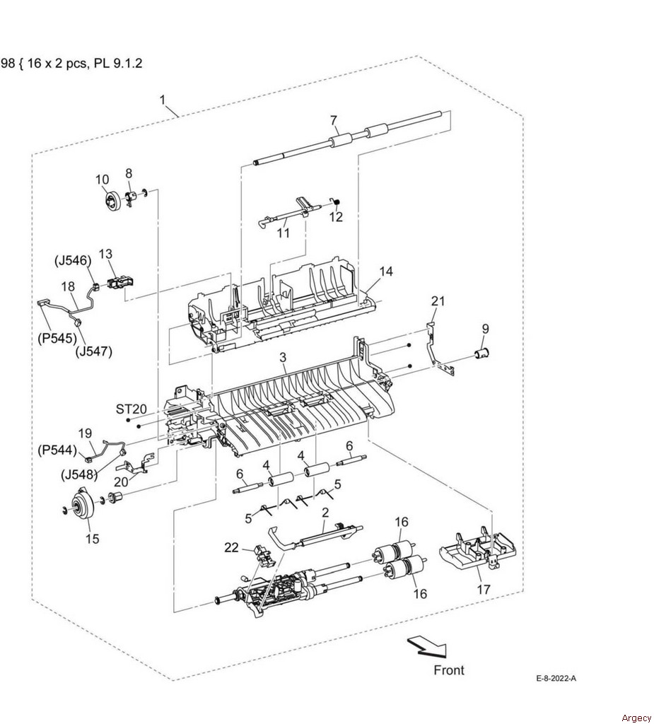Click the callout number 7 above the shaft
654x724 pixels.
[x=334, y=120]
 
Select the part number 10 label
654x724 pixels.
[x=102, y=179]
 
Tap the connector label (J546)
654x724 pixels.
[x=73, y=260]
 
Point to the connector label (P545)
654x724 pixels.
[x=57, y=339]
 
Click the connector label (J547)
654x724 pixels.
[x=94, y=352]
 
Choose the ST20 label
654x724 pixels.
[x=132, y=409]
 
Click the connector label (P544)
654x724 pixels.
[x=57, y=449]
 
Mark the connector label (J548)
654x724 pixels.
[x=79, y=474]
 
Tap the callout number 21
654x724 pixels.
[x=438, y=301]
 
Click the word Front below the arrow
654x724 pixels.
[x=449, y=670]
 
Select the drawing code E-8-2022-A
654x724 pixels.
[x=556, y=678]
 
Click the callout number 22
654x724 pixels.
[x=231, y=547]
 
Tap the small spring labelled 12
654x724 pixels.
[x=336, y=202]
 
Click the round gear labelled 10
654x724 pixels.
[x=112, y=202]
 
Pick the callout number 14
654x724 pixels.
[x=386, y=271]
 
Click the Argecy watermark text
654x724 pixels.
[x=636, y=718]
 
